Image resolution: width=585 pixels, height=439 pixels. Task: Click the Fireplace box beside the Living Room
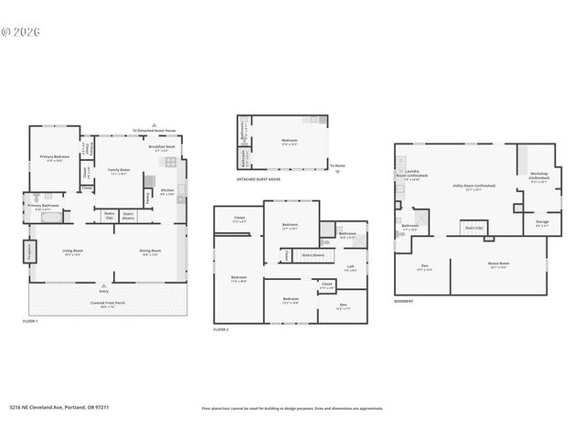[27, 251]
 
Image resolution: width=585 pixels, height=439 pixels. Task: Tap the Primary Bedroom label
[54, 158]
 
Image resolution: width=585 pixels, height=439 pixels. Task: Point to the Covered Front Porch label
[108, 303]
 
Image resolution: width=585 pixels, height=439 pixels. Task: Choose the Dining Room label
[151, 252]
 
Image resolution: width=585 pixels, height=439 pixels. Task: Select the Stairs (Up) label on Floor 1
[109, 216]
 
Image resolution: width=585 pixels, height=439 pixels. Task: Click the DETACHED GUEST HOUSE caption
[258, 179]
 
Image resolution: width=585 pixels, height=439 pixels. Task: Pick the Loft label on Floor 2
[350, 268]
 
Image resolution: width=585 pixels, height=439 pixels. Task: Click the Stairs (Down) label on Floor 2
[313, 255]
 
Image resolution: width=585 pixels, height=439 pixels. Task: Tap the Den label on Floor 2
[343, 307]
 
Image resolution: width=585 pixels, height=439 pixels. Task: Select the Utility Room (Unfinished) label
[473, 186]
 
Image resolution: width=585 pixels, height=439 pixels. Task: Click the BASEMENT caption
[404, 301]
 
